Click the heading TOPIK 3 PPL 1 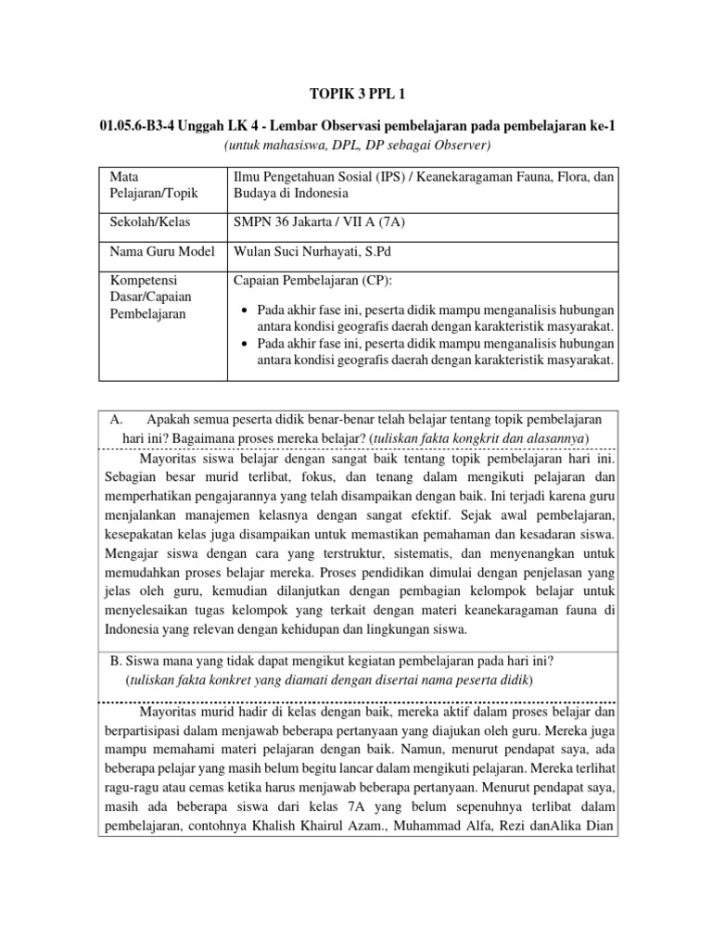pyautogui.click(x=356, y=94)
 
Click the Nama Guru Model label pyautogui.click(x=161, y=252)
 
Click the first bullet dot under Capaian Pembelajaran pyautogui.click(x=244, y=309)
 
